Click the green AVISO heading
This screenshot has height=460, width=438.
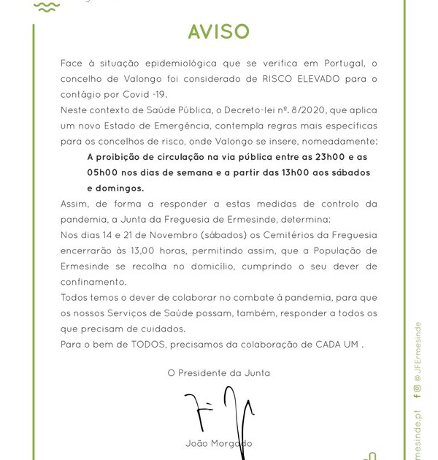click(x=218, y=31)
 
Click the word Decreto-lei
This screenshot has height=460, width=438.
click(x=238, y=110)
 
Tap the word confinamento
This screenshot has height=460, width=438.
click(x=93, y=282)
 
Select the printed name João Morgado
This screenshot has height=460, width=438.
click(x=219, y=443)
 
